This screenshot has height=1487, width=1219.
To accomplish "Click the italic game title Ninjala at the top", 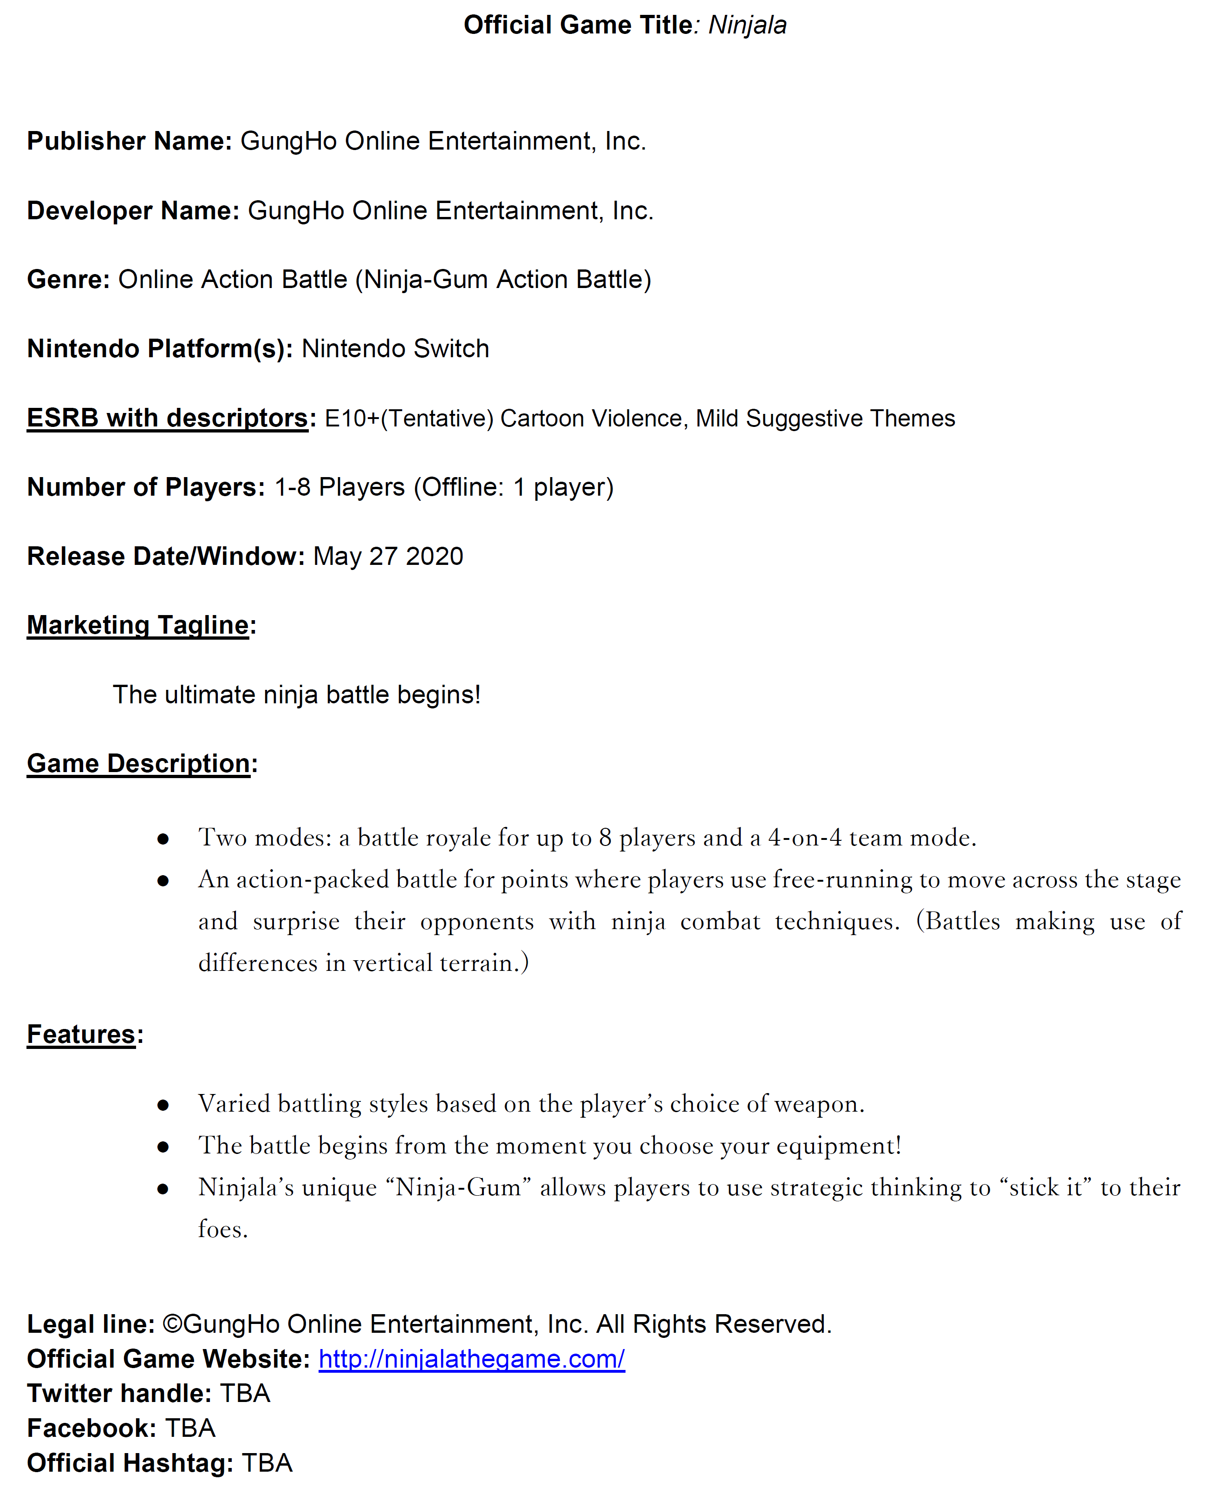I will tap(747, 25).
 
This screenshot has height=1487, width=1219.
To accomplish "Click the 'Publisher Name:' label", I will tap(129, 141).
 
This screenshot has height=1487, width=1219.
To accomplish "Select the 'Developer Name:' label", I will tap(133, 211).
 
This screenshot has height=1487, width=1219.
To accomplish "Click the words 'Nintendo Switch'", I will tap(395, 348).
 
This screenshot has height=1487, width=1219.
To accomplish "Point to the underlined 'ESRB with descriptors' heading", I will tap(167, 418).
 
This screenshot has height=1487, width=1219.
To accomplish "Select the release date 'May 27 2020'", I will tap(388, 557).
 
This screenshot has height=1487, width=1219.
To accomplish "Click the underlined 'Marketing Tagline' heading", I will tap(137, 625).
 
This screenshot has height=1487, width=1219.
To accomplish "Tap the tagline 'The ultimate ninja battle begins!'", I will tap(296, 694).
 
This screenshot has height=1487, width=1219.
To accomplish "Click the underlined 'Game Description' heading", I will tap(138, 764).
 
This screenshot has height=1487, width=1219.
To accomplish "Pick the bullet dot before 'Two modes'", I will tap(163, 838).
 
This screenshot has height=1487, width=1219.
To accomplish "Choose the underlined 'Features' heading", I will tap(81, 1035).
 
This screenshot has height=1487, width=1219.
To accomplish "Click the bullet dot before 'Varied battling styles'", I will tap(163, 1106).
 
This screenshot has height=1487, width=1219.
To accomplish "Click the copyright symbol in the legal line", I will tap(172, 1324).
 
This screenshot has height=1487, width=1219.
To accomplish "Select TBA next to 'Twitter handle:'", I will tap(245, 1394).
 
